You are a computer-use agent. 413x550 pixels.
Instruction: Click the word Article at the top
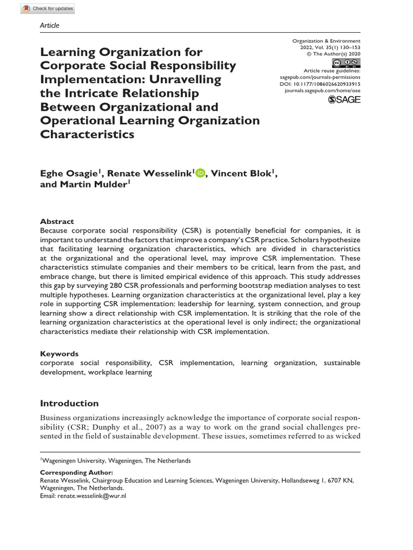tap(49, 25)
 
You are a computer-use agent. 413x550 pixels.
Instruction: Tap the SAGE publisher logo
tap(344, 99)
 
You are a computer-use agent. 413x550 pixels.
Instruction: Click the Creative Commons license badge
tap(346, 62)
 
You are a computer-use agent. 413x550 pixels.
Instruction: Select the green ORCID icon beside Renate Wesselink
tap(201, 172)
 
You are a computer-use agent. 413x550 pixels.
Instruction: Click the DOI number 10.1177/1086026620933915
tap(325, 84)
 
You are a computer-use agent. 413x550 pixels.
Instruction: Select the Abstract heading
tap(57, 221)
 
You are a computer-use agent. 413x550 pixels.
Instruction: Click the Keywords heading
tap(59, 354)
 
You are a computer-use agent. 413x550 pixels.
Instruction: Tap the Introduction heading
tap(69, 403)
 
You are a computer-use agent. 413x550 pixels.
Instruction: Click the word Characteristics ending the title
tap(87, 134)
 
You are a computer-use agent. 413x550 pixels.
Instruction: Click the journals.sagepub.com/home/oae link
tap(322, 91)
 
